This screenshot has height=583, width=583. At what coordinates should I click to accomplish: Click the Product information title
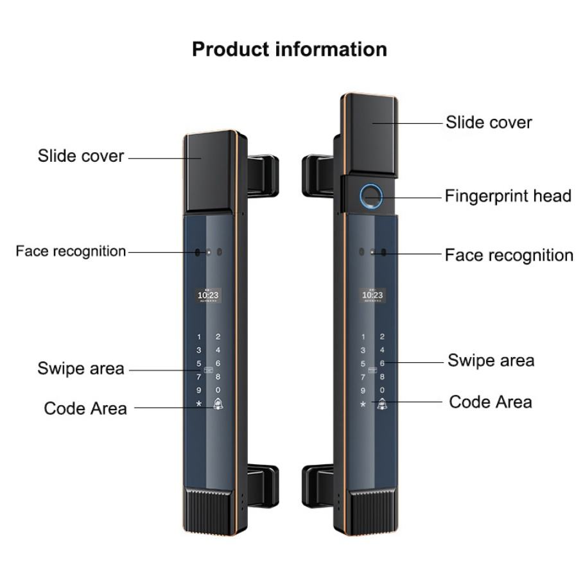(x=290, y=49)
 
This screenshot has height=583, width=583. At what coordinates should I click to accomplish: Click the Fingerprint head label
(x=508, y=196)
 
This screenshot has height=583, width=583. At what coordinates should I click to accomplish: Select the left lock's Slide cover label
(x=81, y=155)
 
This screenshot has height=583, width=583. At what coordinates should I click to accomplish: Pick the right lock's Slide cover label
(x=489, y=122)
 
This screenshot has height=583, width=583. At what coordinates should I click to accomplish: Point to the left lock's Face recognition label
(x=71, y=251)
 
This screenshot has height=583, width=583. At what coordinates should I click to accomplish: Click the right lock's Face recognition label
(x=509, y=255)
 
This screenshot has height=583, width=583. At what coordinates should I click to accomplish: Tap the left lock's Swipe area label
(x=81, y=369)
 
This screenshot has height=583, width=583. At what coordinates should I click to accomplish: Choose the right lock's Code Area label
(x=491, y=402)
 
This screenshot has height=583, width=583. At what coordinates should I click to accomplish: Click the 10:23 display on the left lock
(x=208, y=295)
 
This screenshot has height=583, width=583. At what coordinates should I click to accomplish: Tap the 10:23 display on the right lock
(x=372, y=295)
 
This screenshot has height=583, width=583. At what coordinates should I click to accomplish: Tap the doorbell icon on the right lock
(x=383, y=405)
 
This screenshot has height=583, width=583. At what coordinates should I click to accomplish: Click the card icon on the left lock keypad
(x=209, y=370)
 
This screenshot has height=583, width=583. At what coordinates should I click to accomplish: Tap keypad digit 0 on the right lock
(x=382, y=390)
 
